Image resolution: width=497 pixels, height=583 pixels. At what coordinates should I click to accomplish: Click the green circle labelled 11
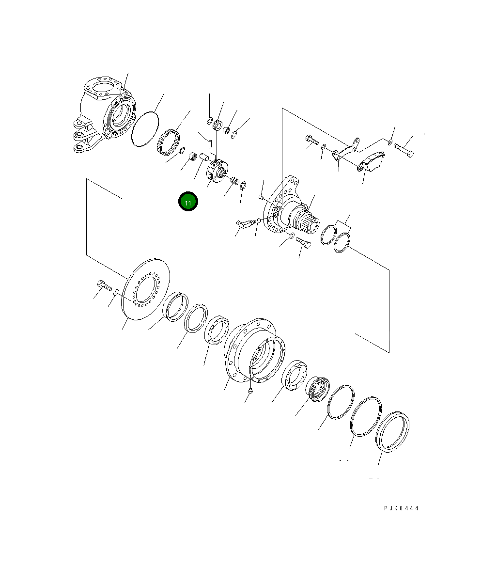[x=188, y=202]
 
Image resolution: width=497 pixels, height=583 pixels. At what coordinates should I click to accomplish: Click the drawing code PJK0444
[x=401, y=508]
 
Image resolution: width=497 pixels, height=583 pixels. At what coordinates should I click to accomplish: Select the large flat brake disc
[x=145, y=289]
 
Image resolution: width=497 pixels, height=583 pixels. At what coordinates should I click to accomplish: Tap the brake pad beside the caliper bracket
[x=373, y=161]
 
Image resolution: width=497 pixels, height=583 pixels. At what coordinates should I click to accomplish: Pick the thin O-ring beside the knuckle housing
[x=145, y=129]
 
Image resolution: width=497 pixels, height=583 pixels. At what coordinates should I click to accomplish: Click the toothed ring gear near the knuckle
[x=168, y=142]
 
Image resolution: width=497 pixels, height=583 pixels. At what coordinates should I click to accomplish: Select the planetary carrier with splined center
[x=217, y=171]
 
